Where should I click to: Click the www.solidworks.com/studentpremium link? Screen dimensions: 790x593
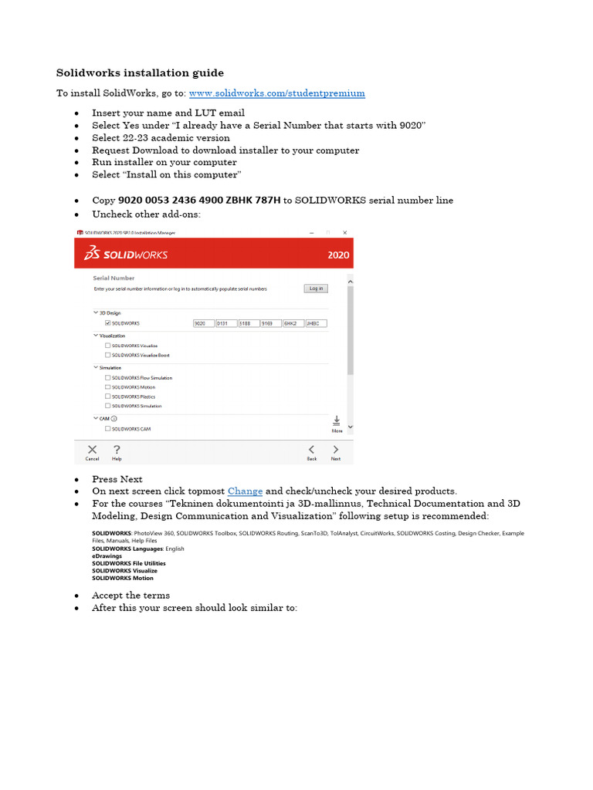pos(277,93)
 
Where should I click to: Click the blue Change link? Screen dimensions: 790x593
pos(245,491)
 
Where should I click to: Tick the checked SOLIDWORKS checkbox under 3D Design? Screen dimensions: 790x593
pos(107,323)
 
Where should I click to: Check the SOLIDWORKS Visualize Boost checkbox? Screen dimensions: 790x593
pos(107,356)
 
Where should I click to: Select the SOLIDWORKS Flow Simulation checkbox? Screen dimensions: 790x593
pos(107,378)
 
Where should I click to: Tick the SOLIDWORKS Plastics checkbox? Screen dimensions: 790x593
pos(107,397)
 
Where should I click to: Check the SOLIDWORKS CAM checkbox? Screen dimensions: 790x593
pos(107,429)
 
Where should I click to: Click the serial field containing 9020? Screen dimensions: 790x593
pos(204,323)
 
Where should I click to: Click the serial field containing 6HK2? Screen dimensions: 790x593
pos(293,323)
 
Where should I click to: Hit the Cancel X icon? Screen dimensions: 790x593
pos(92,451)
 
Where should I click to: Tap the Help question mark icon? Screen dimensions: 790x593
pos(117,451)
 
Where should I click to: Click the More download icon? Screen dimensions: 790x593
pos(337,423)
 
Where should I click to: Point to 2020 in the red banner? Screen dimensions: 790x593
pos(338,255)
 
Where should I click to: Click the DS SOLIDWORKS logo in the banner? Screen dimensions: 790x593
pos(126,255)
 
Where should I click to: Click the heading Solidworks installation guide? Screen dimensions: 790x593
pos(140,73)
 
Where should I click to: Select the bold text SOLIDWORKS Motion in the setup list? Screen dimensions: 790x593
pos(123,578)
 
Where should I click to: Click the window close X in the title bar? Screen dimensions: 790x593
pos(345,232)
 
